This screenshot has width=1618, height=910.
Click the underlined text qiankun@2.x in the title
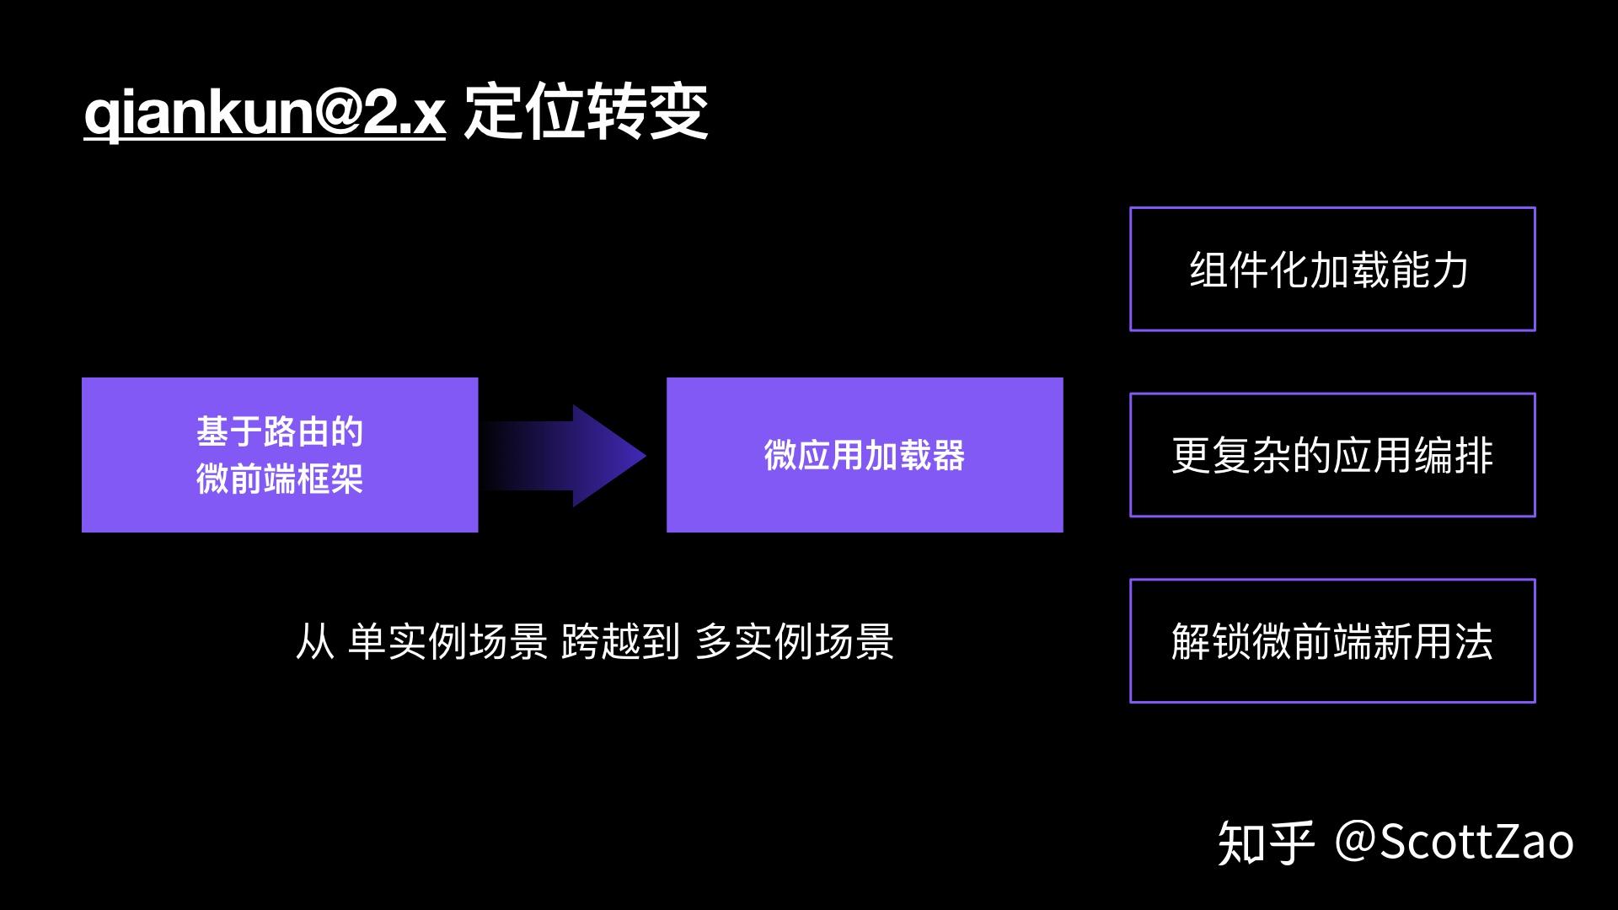pyautogui.click(x=264, y=113)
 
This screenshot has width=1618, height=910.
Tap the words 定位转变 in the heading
pyautogui.click(x=586, y=113)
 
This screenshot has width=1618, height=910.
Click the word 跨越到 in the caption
pyautogui.click(x=620, y=642)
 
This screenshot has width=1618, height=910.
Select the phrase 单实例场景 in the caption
pyautogui.click(x=447, y=642)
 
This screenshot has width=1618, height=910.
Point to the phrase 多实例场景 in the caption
pyautogui.click(x=794, y=642)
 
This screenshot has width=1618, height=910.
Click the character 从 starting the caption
pyautogui.click(x=314, y=642)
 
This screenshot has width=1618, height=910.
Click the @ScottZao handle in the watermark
pyautogui.click(x=1455, y=841)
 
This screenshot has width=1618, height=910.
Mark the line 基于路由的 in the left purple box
pyautogui.click(x=280, y=432)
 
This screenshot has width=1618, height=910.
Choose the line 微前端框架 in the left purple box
pyautogui.click(x=280, y=479)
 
